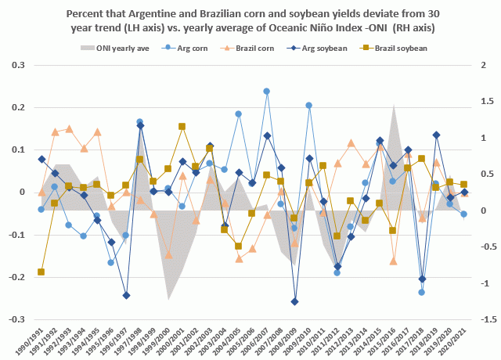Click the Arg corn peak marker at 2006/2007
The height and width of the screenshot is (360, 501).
pyautogui.click(x=267, y=92)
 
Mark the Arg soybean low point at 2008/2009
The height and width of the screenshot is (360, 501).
pyautogui.click(x=295, y=301)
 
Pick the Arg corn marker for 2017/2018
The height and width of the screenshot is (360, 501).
pyautogui.click(x=422, y=292)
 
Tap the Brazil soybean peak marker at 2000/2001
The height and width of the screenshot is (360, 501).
pyautogui.click(x=182, y=126)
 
